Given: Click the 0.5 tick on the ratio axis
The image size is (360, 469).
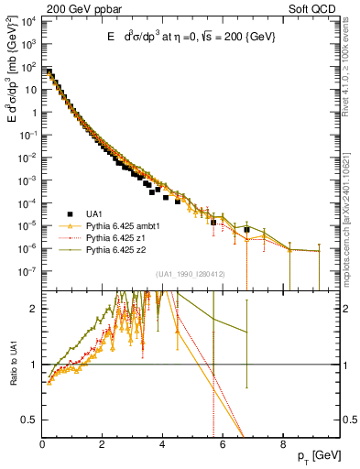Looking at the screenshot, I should [x=30, y=420].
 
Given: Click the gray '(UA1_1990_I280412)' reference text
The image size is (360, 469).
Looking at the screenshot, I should [x=190, y=274].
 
